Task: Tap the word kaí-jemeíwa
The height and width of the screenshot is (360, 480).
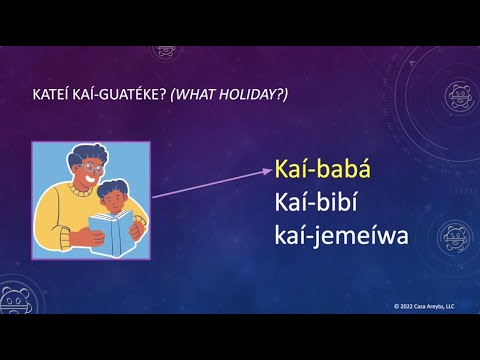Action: pos(338,238)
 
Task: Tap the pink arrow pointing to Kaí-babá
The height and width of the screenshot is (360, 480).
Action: pos(209,182)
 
